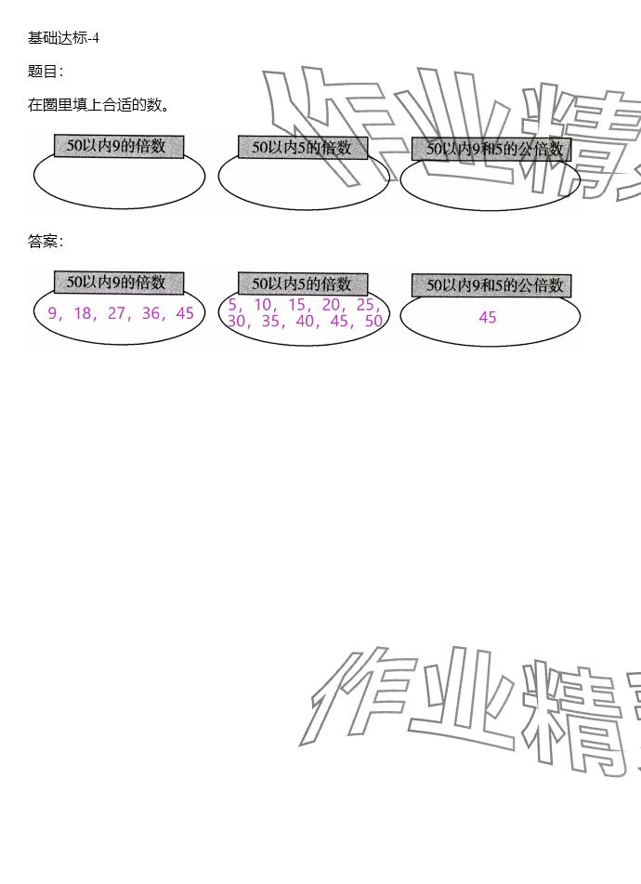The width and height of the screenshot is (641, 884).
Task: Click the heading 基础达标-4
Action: tap(63, 38)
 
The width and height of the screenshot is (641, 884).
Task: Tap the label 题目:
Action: tap(46, 72)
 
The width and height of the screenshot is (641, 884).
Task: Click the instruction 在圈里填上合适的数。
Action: tap(98, 105)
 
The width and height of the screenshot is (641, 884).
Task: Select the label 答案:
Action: tap(46, 242)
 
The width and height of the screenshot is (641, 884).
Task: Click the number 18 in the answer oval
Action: tap(83, 313)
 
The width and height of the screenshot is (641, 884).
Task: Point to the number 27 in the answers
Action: tap(116, 313)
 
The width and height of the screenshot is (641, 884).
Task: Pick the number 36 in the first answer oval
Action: tap(150, 313)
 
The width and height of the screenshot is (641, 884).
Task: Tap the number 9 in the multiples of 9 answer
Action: tap(52, 313)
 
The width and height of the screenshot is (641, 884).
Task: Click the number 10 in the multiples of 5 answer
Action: tap(262, 305)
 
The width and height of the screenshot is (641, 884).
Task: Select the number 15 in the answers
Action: tap(296, 305)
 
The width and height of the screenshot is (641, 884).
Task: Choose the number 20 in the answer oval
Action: tap(331, 305)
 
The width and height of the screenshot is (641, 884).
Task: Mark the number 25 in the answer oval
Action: tap(365, 305)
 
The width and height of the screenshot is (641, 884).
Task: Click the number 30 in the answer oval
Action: tap(236, 322)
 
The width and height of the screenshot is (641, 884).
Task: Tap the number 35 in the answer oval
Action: tap(270, 322)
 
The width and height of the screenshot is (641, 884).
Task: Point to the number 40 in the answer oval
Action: tap(305, 322)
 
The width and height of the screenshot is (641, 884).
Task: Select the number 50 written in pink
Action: tap(373, 322)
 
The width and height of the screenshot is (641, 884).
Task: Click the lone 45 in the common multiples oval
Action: tap(488, 318)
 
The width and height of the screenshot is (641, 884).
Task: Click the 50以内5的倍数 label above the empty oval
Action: tap(302, 148)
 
